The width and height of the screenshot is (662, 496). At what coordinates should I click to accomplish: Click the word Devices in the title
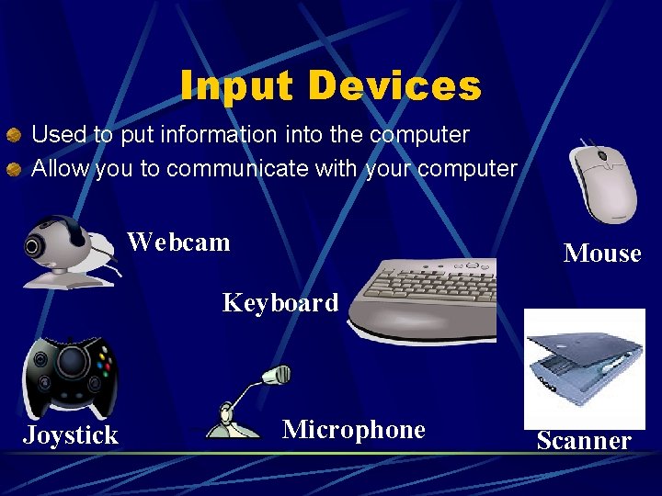pos(394,86)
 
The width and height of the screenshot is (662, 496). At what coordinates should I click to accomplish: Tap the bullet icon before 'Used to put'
pos(14,136)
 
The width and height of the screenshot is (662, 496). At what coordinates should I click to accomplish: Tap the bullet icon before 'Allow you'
pos(14,170)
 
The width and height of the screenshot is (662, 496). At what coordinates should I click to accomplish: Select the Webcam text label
pos(178,242)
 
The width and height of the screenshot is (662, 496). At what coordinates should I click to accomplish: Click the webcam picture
pos(69,250)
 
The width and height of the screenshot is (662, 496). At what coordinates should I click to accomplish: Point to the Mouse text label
pos(601,254)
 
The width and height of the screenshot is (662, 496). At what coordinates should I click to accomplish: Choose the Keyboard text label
pos(280,302)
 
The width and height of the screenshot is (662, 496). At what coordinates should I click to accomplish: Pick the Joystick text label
pos(71,434)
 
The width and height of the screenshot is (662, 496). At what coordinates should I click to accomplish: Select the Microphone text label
pos(353,430)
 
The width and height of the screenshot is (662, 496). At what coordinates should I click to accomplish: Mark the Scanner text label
pos(584,441)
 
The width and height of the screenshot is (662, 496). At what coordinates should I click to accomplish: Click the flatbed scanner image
pos(584,367)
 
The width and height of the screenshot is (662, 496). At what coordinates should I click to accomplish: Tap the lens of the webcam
pos(35,246)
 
